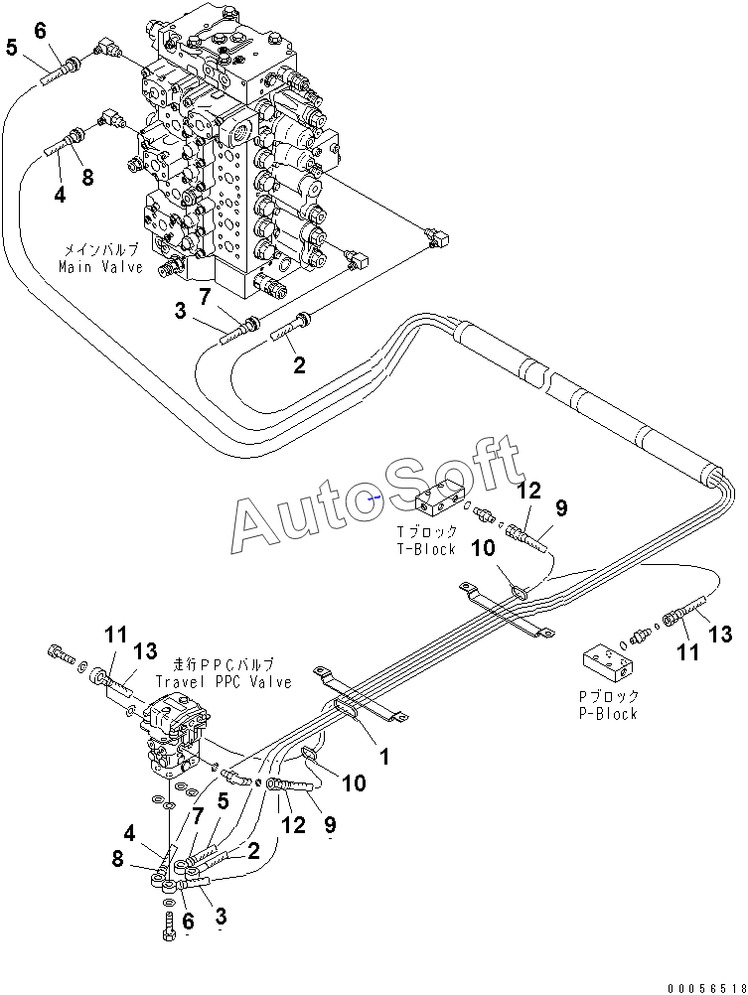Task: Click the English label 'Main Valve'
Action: point(101,267)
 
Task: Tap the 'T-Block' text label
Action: point(426,549)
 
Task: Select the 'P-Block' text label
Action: point(608,714)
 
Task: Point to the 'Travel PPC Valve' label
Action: point(224,681)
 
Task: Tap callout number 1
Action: point(383,756)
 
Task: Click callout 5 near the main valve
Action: point(12,47)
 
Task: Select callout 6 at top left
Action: point(40,30)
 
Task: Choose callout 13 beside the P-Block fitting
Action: point(720,634)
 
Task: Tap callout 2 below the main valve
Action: point(298,364)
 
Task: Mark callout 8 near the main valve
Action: point(87,177)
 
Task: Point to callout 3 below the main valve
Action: point(181,311)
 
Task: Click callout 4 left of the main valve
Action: point(59,195)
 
